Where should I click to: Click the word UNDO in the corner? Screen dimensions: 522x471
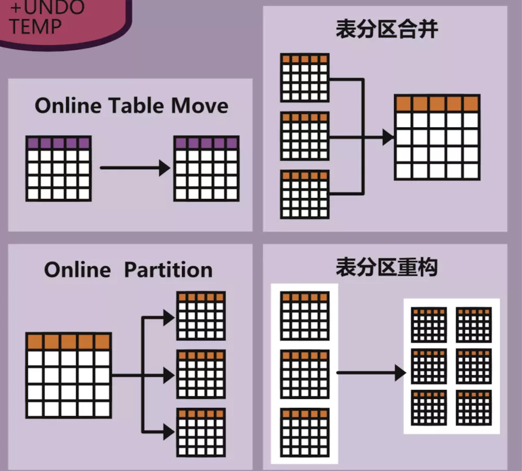point(53,8)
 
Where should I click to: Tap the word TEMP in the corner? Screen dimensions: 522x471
point(35,26)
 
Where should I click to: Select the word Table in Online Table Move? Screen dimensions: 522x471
point(136,106)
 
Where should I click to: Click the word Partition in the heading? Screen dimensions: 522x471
point(168,270)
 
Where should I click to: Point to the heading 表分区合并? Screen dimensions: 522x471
point(387,30)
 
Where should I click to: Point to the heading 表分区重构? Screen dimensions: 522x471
point(387,268)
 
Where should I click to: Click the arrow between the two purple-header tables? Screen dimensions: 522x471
point(135,168)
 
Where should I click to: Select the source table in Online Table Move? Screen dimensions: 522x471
point(58,169)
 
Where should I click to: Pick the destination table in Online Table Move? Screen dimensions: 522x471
point(207,169)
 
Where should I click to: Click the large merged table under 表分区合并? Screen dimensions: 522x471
point(437,137)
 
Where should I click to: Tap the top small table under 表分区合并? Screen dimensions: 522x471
point(304,77)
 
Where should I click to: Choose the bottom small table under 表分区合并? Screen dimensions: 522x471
point(304,194)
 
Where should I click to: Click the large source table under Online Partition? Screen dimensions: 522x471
point(69,375)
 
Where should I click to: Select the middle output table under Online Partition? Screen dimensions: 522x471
point(201,374)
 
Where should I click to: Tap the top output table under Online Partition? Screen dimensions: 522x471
point(201,315)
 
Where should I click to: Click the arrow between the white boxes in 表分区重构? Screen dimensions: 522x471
point(371,373)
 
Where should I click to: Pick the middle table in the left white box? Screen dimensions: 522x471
point(304,374)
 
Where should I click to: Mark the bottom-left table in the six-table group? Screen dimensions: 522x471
point(429,407)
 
